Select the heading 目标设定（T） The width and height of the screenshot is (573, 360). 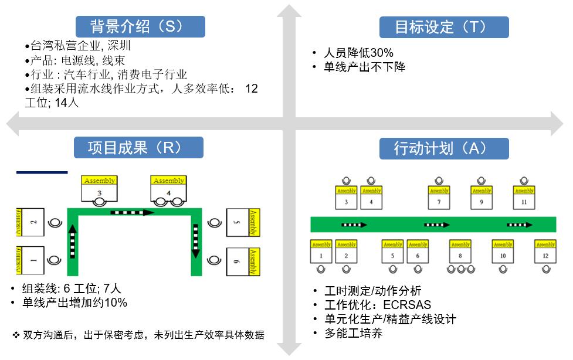pos(444,27)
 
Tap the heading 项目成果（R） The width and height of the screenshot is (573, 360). pos(138,148)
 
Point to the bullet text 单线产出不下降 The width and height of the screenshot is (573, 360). pos(364,67)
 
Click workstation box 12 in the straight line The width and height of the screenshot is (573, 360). pos(545,255)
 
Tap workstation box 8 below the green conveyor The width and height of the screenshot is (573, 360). pos(460,255)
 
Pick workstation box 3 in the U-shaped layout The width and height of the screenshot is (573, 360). pos(99,192)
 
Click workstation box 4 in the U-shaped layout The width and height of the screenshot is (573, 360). pos(168,192)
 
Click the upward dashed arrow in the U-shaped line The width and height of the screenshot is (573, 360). pos(73,242)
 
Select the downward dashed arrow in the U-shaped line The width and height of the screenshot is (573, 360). pos(196,241)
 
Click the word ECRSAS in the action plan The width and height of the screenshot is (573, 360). pos(407,305)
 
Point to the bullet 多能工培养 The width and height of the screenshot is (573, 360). pos(354,333)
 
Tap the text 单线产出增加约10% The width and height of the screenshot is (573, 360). pos(74,303)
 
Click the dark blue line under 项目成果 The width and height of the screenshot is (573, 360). pos(42,172)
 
